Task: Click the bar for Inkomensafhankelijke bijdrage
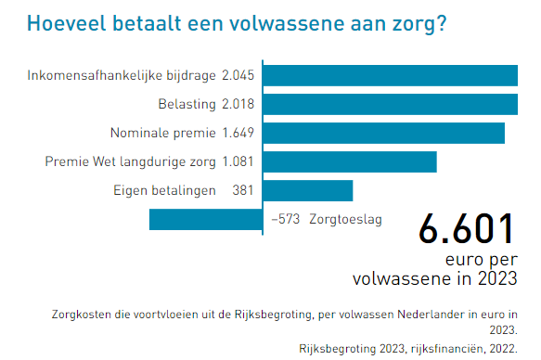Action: [x=390, y=75]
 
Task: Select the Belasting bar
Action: [x=390, y=104]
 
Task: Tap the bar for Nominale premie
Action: [x=383, y=133]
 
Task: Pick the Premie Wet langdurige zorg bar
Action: [x=349, y=161]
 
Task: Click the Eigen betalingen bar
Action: [x=307, y=190]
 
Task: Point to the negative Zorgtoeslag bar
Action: [x=205, y=219]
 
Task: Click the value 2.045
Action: [x=238, y=75]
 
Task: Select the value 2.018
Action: [x=238, y=104]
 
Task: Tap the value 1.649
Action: [x=238, y=133]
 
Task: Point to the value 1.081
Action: [x=238, y=161]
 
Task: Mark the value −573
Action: [x=285, y=220]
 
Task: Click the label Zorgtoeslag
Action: [x=345, y=220]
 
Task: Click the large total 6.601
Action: [x=465, y=228]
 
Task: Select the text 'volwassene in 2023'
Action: [x=435, y=276]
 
